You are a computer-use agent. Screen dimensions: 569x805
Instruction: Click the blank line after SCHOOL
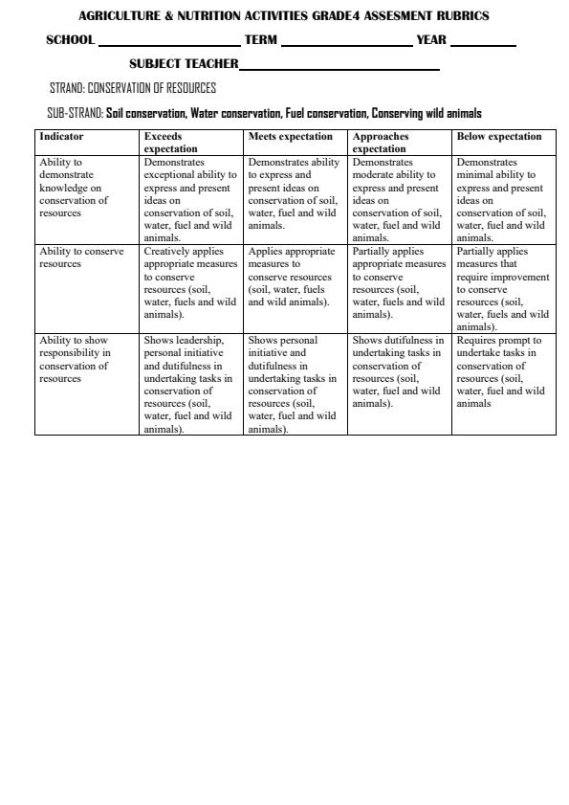click(168, 44)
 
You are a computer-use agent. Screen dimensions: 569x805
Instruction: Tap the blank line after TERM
click(346, 44)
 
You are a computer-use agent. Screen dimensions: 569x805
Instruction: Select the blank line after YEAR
click(482, 44)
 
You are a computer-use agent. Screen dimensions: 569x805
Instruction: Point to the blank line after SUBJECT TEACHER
click(339, 68)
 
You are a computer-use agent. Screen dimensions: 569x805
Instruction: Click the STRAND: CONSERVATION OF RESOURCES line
click(133, 88)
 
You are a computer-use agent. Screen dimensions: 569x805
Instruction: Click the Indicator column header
click(61, 137)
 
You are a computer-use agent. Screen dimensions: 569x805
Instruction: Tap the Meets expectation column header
click(291, 137)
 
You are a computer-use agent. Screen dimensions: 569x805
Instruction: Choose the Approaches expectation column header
click(381, 143)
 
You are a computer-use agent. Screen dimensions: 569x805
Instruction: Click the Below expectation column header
click(499, 137)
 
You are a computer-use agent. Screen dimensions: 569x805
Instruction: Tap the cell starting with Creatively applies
click(190, 282)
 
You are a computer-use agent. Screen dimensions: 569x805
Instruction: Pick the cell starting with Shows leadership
click(190, 384)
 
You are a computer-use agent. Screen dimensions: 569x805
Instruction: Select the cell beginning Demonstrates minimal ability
click(503, 200)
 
